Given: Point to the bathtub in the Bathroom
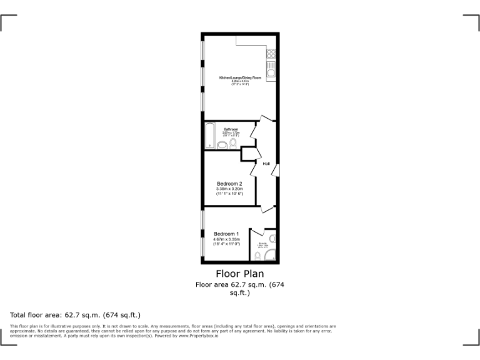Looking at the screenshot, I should [210, 136].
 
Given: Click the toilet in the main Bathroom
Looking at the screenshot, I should [232, 143].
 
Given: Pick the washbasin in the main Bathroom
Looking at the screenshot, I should [222, 145].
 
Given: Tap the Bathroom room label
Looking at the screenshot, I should [231, 129].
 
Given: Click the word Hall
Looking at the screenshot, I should [266, 164].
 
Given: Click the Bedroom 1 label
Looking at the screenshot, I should [226, 234].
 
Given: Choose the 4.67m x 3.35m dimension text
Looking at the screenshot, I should [226, 239].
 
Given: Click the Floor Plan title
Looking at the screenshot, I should [239, 274].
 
